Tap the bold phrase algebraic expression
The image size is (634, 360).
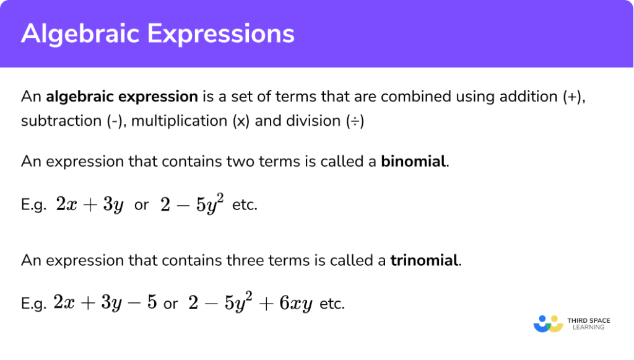click(122, 97)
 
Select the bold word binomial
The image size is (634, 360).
click(414, 162)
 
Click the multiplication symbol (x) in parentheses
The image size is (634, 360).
click(241, 121)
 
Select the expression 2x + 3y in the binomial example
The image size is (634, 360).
click(89, 205)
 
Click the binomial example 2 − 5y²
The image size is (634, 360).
click(191, 204)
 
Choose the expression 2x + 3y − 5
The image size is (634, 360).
click(105, 304)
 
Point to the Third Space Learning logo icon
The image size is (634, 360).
click(547, 323)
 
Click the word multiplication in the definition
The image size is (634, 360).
click(180, 121)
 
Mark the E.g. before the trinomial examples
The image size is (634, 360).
click(34, 304)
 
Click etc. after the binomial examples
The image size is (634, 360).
click(245, 205)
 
